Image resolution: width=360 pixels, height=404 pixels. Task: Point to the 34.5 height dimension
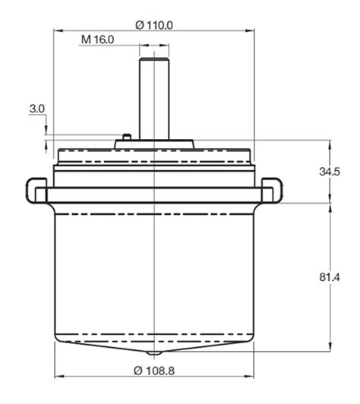329,172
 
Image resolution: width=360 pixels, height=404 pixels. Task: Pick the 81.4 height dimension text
329,279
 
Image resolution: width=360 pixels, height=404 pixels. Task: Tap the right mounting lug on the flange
271,189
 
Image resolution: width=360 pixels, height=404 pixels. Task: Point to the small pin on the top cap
128,137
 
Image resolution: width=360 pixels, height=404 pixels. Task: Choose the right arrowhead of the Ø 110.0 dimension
253,31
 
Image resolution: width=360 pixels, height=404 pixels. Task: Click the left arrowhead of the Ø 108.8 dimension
58,377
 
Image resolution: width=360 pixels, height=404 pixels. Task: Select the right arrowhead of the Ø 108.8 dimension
251,377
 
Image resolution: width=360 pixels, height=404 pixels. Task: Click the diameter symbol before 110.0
140,24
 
